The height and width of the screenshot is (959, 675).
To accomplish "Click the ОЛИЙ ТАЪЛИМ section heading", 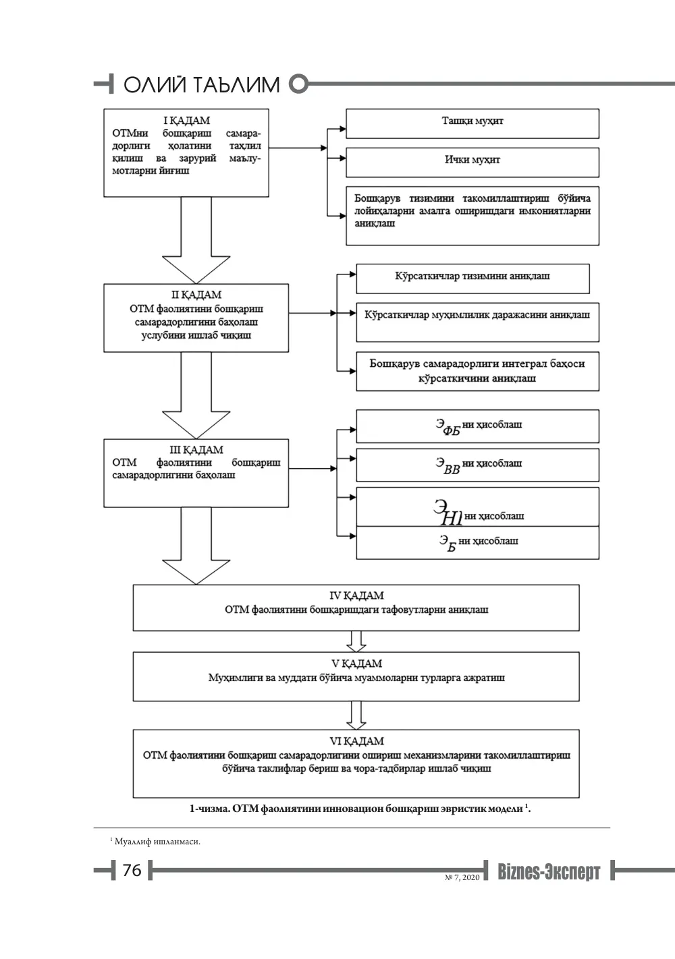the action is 201,84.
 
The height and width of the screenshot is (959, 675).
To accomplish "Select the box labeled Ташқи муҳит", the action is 473,123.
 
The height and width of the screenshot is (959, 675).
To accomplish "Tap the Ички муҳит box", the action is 473,163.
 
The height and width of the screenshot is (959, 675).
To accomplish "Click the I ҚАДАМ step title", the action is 186,121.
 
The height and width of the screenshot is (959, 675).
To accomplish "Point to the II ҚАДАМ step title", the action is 196,295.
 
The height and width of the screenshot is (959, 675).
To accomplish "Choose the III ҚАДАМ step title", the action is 196,450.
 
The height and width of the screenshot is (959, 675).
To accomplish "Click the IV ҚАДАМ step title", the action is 356,595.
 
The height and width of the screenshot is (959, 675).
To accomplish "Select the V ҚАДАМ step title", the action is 356,664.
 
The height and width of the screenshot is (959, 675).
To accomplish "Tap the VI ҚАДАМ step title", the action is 356,741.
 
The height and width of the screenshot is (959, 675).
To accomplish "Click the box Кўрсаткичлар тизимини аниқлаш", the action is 473,279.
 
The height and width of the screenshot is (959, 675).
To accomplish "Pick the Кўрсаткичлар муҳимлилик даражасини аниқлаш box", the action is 477,322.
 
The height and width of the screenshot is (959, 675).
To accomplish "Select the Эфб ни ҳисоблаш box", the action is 477,426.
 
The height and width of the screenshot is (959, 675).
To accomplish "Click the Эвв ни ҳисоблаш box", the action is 477,465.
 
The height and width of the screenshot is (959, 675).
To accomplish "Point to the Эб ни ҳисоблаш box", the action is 477,543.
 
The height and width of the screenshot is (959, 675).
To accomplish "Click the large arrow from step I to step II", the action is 196,240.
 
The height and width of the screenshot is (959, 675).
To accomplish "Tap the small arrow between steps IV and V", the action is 356,641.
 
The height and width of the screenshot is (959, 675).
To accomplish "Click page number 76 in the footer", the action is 132,870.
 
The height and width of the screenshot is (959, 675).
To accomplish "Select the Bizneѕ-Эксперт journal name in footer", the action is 549,871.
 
